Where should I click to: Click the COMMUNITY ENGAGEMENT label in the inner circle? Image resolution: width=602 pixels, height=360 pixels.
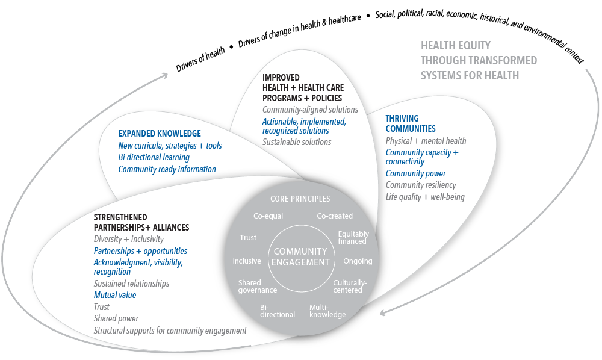point(300,257)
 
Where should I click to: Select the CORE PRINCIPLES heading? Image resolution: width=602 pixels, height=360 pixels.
point(300,199)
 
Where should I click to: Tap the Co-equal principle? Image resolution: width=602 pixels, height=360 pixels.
point(268,216)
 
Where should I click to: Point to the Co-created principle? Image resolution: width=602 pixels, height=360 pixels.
point(335,216)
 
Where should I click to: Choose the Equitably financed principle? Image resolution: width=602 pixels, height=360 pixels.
point(353,238)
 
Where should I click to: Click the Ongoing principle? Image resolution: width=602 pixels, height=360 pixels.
point(358,261)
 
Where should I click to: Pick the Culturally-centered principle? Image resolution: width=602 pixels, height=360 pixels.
point(350,287)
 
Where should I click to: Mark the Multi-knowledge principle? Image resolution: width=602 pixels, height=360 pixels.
point(327,311)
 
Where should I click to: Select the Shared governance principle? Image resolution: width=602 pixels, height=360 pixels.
point(257,287)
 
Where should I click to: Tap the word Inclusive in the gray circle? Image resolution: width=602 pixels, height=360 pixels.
point(247,261)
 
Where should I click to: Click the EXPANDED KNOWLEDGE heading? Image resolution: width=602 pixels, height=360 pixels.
point(160,134)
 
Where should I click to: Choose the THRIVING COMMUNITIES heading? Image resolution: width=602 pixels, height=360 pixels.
point(411,123)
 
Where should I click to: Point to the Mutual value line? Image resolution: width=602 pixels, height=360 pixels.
point(115,295)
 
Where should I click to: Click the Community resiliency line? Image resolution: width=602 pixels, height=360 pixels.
point(421,185)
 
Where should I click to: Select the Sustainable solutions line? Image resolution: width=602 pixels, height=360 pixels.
point(297,142)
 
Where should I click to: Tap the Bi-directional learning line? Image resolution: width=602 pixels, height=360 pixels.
point(154,157)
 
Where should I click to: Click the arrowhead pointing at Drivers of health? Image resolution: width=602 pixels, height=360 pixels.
point(164,75)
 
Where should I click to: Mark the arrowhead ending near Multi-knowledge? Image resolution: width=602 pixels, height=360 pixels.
point(383,312)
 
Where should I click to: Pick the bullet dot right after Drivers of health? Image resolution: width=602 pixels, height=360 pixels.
point(231,47)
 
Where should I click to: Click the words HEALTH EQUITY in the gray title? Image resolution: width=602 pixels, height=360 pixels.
point(455,46)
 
